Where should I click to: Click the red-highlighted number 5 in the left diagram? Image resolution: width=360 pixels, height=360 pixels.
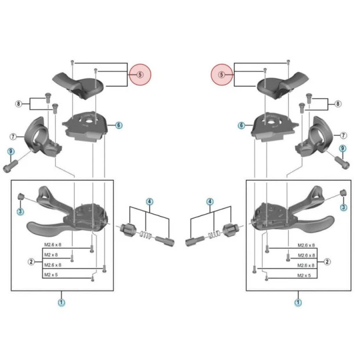[140, 74]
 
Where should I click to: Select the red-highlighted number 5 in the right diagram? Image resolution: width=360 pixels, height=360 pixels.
[221, 74]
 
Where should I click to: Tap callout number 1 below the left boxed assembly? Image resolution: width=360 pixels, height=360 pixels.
[62, 303]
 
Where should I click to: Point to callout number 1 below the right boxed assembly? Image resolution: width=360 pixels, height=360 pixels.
[298, 303]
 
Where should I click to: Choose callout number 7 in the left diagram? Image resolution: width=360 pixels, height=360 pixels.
[13, 136]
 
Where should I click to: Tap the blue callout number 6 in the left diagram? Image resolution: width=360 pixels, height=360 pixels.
[118, 125]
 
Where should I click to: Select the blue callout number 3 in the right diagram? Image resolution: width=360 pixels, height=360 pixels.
[343, 207]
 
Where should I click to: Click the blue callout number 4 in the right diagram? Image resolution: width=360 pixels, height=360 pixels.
[210, 201]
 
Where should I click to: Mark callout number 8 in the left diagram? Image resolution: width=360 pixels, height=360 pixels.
[19, 104]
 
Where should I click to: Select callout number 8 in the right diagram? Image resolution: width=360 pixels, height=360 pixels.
[338, 104]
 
